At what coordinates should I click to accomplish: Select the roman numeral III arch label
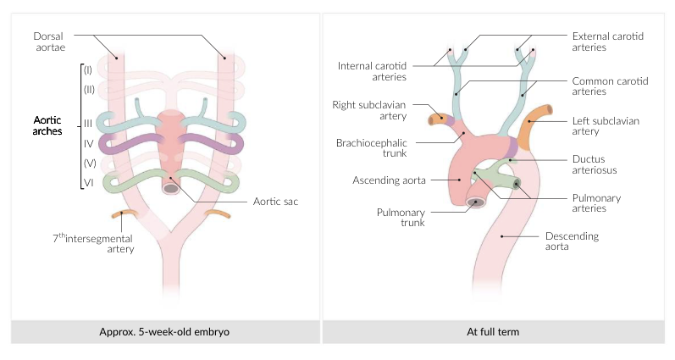tap(87, 123)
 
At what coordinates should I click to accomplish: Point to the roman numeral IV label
tap(88, 141)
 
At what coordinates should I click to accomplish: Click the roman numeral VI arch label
tap(87, 180)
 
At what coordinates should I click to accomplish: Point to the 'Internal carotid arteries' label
tap(373, 71)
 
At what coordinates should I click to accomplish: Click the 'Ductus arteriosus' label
tap(592, 163)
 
